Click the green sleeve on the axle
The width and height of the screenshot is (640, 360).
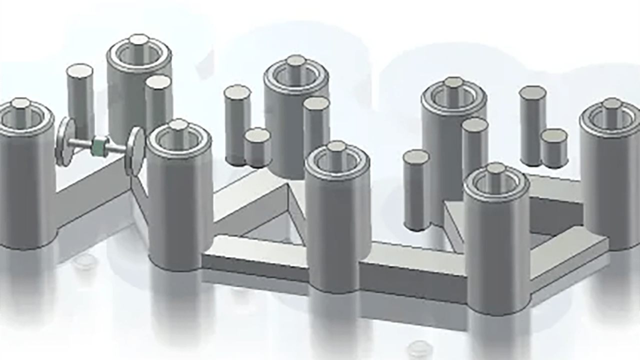click(x=100, y=146)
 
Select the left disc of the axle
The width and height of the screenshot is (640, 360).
click(x=65, y=141)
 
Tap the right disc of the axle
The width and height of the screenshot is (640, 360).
click(x=135, y=151)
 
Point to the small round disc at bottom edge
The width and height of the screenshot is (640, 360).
click(x=419, y=347)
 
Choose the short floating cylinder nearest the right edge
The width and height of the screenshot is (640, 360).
click(x=554, y=147)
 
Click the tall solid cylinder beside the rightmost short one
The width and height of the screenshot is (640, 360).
click(x=532, y=125)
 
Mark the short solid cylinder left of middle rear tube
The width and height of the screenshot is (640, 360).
click(x=257, y=147)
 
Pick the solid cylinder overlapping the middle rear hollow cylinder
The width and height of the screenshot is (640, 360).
click(x=316, y=125)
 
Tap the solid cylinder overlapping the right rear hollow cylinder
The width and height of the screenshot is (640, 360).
click(x=474, y=145)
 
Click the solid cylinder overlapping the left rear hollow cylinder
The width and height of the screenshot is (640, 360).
click(x=158, y=102)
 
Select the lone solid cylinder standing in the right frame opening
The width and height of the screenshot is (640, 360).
click(x=416, y=190)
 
